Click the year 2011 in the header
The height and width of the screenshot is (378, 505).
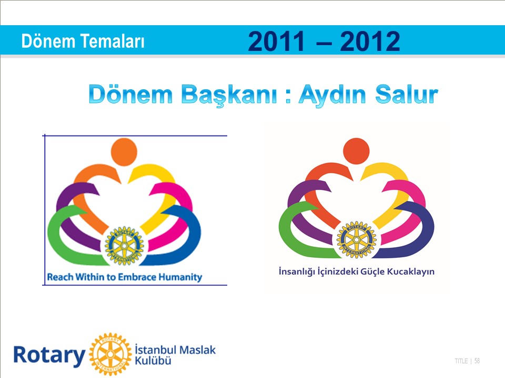pyautogui.click(x=276, y=41)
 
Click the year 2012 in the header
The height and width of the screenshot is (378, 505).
pyautogui.click(x=370, y=41)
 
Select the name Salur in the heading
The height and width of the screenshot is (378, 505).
pyautogui.click(x=407, y=94)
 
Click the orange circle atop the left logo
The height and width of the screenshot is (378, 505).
pyautogui.click(x=124, y=152)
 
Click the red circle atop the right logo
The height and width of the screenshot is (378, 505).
pyautogui.click(x=356, y=151)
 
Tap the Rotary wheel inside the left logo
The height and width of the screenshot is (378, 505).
pyautogui.click(x=124, y=246)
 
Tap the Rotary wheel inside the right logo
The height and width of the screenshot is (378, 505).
pyautogui.click(x=356, y=240)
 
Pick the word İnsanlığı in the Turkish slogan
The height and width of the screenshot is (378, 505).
pyautogui.click(x=296, y=271)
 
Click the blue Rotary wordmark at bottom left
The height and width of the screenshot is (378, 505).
pyautogui.click(x=49, y=355)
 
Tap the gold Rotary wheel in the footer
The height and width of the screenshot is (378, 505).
pyautogui.click(x=110, y=354)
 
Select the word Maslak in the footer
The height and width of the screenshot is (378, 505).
pyautogui.click(x=197, y=350)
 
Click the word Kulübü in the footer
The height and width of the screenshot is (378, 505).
pyautogui.click(x=153, y=360)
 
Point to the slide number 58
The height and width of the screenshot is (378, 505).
pyautogui.click(x=477, y=361)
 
